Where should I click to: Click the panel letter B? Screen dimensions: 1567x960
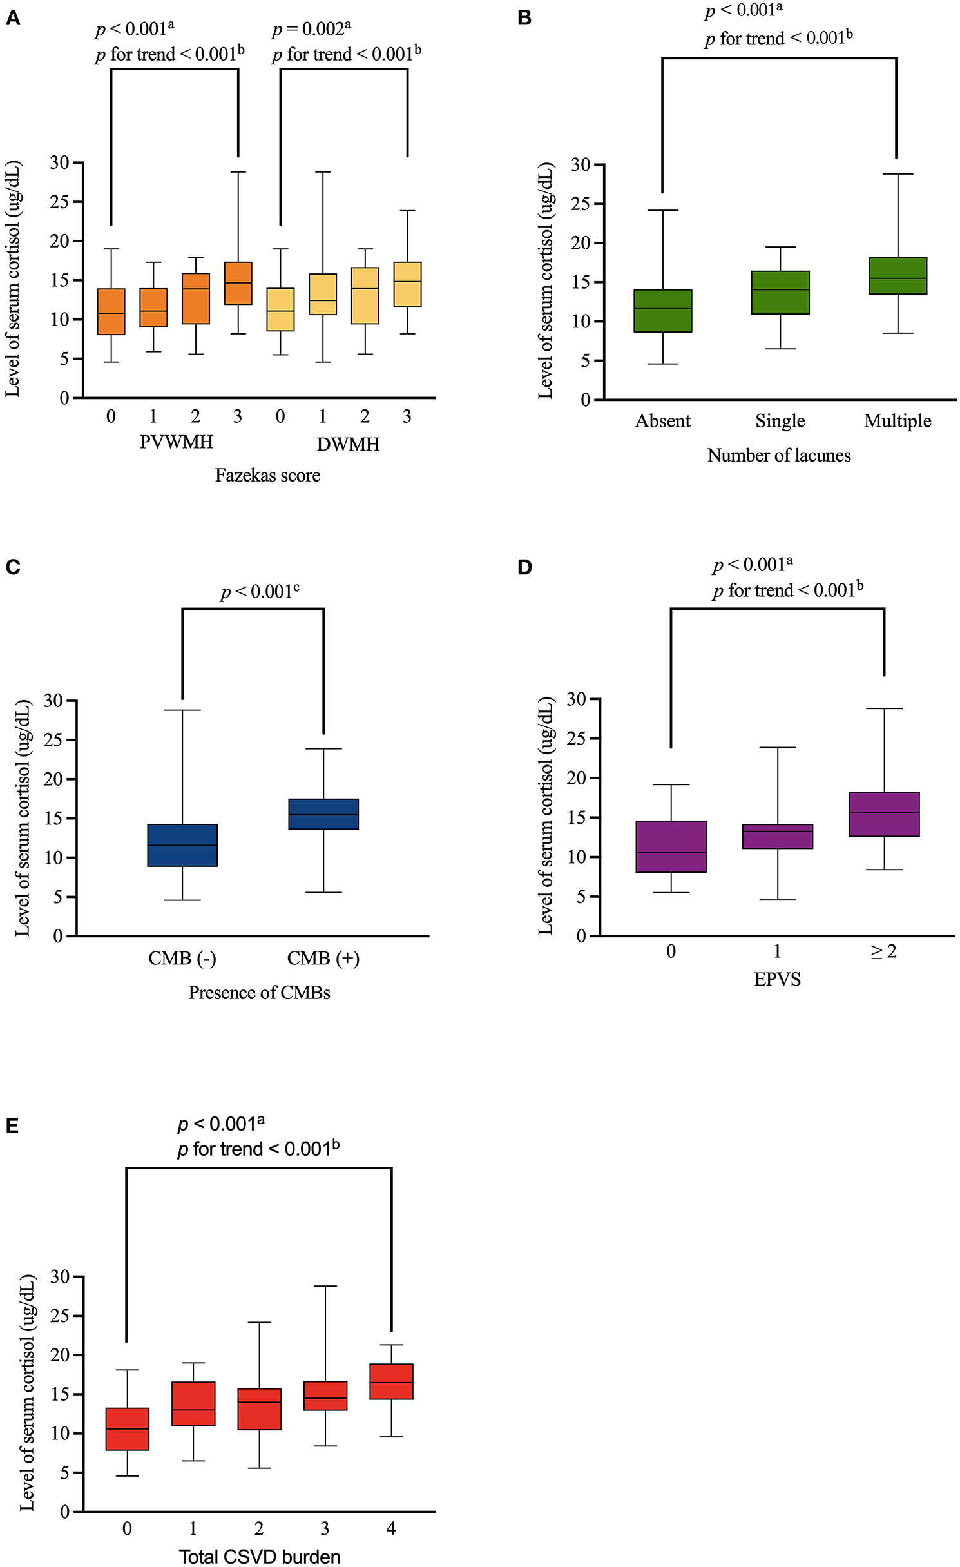click(x=524, y=17)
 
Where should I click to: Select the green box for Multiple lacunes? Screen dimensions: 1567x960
click(x=898, y=275)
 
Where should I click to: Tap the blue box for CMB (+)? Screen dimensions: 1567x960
click(x=323, y=814)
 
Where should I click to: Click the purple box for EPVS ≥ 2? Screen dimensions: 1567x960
click(x=884, y=814)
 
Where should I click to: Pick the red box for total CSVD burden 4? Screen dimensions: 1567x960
click(x=391, y=1381)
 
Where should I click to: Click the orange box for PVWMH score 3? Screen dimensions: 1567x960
click(x=238, y=283)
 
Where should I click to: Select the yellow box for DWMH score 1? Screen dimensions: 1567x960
click(x=323, y=294)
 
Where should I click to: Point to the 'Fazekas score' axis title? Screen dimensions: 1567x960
click(x=267, y=476)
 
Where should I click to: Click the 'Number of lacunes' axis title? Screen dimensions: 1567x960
click(x=779, y=456)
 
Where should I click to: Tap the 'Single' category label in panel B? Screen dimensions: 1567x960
click(x=780, y=421)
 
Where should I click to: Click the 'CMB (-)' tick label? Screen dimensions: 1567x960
click(x=182, y=959)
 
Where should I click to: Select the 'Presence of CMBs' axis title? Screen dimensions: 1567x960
click(x=259, y=993)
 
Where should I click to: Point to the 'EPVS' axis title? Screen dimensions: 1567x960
click(x=777, y=979)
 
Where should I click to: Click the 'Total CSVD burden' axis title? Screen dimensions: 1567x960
click(x=259, y=1556)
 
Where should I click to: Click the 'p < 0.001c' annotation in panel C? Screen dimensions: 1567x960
click(x=260, y=591)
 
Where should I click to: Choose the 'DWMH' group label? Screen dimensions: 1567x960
click(x=348, y=444)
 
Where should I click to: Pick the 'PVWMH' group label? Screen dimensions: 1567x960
click(x=176, y=442)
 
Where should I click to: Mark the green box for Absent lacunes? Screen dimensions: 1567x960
click(x=663, y=311)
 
